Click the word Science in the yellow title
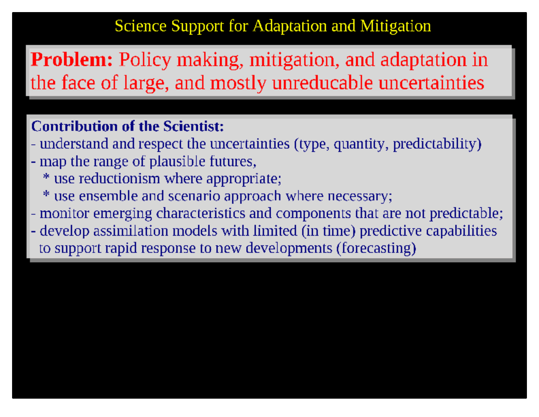[x=140, y=26]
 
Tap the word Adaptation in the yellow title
[x=290, y=26]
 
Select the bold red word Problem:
[x=72, y=60]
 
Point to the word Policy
[x=145, y=60]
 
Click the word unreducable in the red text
[x=322, y=83]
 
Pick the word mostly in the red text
[x=238, y=83]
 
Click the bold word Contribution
[x=74, y=126]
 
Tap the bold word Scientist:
[x=193, y=126]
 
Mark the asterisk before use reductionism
[x=46, y=176]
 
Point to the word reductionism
[x=119, y=179]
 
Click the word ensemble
[x=108, y=196]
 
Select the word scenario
[x=194, y=196]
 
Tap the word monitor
[x=64, y=214]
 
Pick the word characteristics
[x=200, y=214]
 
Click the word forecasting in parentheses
[x=376, y=249]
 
